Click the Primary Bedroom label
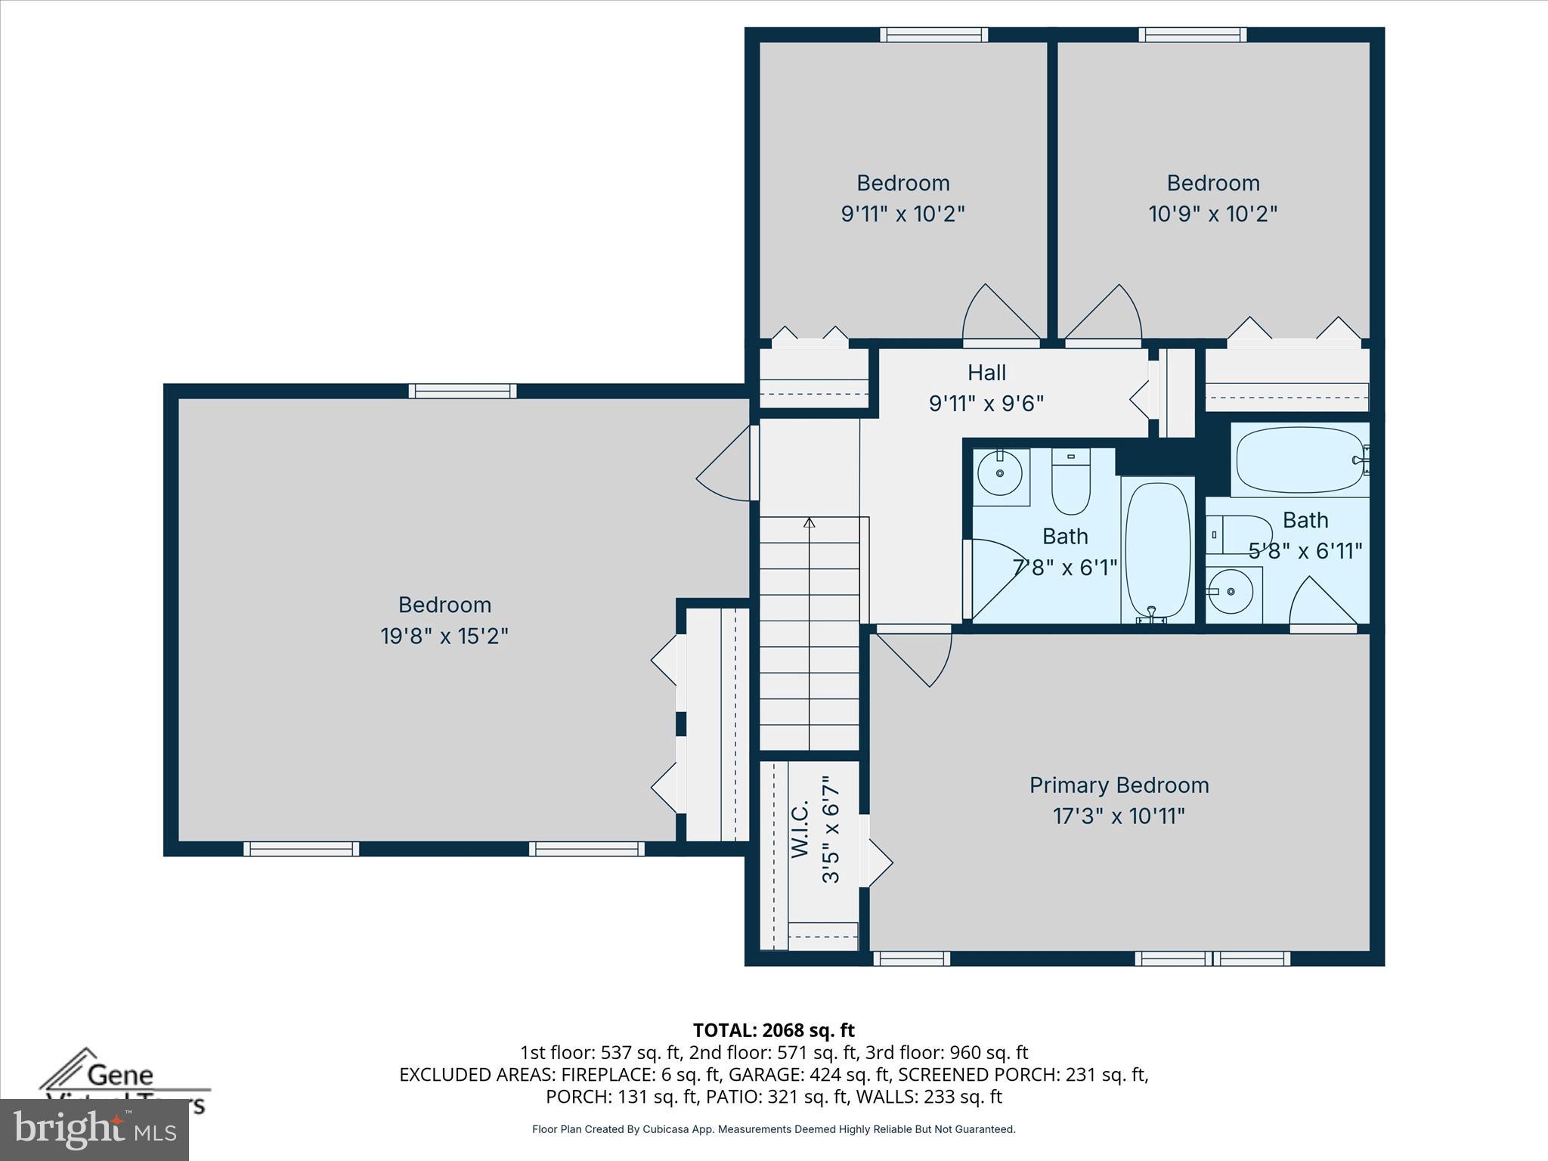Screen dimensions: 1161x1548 (1119, 785)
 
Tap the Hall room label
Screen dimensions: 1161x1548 (986, 373)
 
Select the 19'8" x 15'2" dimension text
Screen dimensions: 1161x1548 (444, 636)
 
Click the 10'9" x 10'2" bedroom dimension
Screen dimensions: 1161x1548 (1212, 215)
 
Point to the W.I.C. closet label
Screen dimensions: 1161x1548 (801, 830)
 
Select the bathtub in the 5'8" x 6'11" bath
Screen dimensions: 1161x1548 (1300, 460)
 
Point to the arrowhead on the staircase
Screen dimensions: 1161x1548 (810, 522)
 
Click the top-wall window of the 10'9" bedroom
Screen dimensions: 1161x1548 (1193, 34)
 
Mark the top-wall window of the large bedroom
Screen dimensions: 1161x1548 (463, 391)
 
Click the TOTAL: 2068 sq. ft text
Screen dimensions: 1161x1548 (773, 1030)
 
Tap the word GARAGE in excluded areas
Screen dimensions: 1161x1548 (771, 1075)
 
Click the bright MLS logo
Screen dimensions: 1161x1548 (94, 1129)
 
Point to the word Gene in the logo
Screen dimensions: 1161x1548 (121, 1075)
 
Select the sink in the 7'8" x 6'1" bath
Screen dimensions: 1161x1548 (999, 474)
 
